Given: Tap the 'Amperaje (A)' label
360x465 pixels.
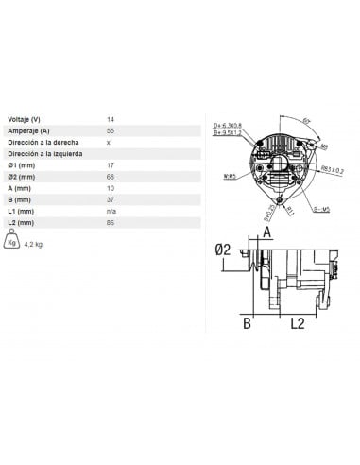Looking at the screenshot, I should (x=27, y=129).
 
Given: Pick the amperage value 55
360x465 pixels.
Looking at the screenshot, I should (x=111, y=129).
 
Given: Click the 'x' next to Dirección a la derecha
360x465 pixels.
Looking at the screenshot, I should (x=109, y=142).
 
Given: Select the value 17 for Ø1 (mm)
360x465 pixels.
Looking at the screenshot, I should (x=111, y=166).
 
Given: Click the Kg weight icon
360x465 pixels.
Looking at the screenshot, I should (x=12, y=242).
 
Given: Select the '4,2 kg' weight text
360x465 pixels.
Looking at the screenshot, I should (x=34, y=245).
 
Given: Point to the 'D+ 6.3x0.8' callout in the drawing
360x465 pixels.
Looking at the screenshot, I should (x=228, y=125).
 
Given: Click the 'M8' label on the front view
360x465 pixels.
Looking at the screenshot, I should (x=323, y=146).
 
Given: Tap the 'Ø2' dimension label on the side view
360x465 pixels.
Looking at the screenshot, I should (x=223, y=250).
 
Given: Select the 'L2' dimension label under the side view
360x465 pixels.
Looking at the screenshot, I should (x=296, y=323).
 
